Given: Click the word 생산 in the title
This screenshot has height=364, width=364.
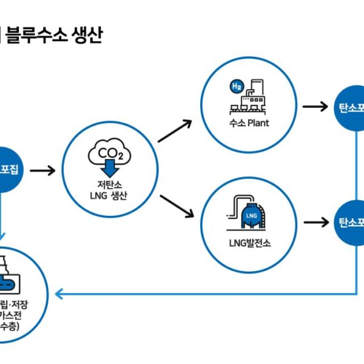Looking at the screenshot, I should pyautogui.click(x=89, y=36).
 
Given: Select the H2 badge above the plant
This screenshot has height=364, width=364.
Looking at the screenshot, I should pyautogui.click(x=235, y=87).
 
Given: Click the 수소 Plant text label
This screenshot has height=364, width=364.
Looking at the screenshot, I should pyautogui.click(x=250, y=124).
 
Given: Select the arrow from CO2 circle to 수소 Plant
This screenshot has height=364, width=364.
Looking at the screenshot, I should pyautogui.click(x=175, y=131).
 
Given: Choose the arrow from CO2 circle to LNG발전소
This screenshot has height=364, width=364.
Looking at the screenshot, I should pyautogui.click(x=177, y=206).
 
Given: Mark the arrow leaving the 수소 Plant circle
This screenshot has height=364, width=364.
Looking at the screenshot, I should pyautogui.click(x=314, y=107).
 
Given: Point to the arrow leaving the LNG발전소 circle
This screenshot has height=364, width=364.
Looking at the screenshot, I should pyautogui.click(x=314, y=223).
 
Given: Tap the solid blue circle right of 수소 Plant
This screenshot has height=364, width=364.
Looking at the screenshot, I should pyautogui.click(x=352, y=107).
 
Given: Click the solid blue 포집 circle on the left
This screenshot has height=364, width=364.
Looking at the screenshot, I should pyautogui.click(x=8, y=170).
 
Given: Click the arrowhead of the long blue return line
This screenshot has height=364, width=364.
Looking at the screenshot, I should pyautogui.click(x=59, y=294).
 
